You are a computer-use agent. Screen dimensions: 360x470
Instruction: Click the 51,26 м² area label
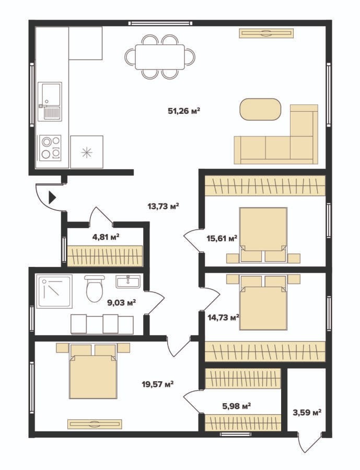pyautogui.click(x=184, y=111)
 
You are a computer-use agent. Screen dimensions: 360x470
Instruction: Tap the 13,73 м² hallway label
pyautogui.click(x=163, y=206)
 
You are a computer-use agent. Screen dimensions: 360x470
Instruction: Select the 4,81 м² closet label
pyautogui.click(x=106, y=238)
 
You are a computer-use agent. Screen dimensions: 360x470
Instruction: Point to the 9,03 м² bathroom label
pyautogui.click(x=122, y=302)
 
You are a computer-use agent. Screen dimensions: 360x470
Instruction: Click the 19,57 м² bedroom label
pyautogui.click(x=158, y=384)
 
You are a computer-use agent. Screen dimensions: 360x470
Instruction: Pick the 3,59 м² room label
pyautogui.click(x=307, y=412)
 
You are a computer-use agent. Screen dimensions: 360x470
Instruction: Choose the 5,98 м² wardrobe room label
pyautogui.click(x=236, y=406)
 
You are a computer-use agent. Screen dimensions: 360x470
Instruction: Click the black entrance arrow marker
pyautogui.click(x=52, y=197)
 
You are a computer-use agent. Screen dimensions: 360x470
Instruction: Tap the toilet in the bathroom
pyautogui.click(x=95, y=288)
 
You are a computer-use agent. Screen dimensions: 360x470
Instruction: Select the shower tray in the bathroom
pyautogui.click(x=54, y=291)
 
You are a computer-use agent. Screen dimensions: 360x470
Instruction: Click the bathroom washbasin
pyautogui.click(x=128, y=281)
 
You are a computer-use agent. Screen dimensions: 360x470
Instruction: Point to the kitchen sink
pyautogui.click(x=50, y=102)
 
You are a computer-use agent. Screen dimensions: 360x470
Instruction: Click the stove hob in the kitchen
pyautogui.click(x=50, y=148)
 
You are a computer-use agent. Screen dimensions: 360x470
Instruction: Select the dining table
pyautogui.click(x=159, y=57)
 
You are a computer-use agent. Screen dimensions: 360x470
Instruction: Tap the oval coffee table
pyautogui.click(x=260, y=110)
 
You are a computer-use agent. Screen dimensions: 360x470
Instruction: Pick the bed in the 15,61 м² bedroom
pyautogui.click(x=263, y=235)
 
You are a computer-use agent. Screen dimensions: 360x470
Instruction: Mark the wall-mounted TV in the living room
pyautogui.click(x=266, y=33)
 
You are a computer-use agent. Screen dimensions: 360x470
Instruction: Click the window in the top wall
pyautogui.click(x=160, y=23)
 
